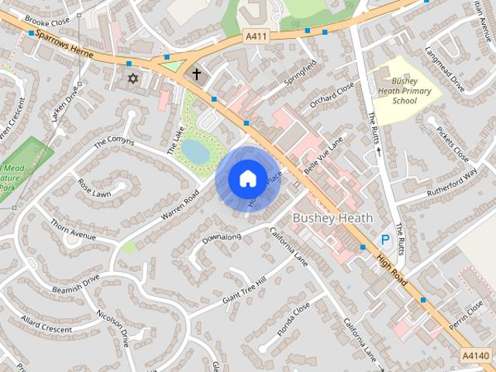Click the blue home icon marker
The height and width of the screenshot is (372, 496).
click(x=246, y=178)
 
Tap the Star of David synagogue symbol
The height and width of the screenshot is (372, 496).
click(x=132, y=78)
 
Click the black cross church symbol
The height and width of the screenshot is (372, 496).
click(x=196, y=75)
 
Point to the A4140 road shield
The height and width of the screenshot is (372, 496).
click(x=475, y=355)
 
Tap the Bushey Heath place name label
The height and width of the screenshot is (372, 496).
click(x=332, y=219)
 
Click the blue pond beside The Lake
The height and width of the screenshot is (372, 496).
click(x=196, y=152)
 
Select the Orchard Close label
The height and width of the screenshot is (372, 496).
click(x=332, y=98)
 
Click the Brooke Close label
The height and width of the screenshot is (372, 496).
click(x=46, y=20)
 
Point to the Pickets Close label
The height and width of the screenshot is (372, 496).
click(x=452, y=144)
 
